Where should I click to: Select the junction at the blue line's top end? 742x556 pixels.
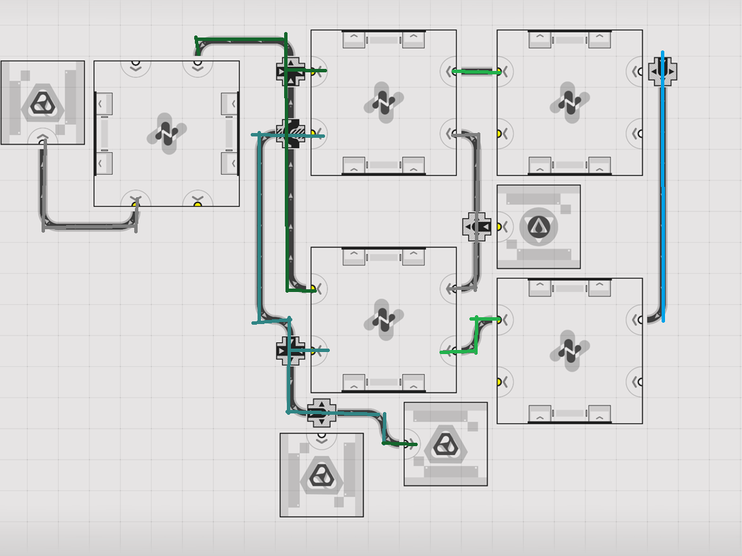pos(662,71)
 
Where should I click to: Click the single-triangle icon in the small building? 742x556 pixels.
pos(539,226)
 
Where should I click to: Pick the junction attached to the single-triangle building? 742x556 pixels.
pos(477,226)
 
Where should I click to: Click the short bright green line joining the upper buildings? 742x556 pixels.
pos(476,71)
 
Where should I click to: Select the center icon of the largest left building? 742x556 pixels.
pos(167,133)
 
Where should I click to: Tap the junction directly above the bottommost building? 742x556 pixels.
pos(321,413)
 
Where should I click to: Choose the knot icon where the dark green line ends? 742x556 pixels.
pos(446,444)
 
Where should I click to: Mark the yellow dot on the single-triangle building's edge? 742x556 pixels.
pos(499,226)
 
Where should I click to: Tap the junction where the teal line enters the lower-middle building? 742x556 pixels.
pos(291,351)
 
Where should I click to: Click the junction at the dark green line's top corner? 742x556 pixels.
pos(291,71)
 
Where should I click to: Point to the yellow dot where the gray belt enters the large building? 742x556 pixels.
pos(136,204)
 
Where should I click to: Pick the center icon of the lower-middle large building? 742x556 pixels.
pos(384,319)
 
